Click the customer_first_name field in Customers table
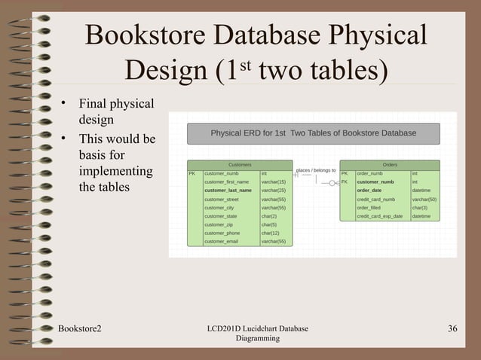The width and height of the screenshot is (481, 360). click(226, 182)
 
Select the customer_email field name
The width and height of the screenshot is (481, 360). click(221, 242)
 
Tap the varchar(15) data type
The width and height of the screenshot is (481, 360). click(273, 182)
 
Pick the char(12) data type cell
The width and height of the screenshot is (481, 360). click(270, 233)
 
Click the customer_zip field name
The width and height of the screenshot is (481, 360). click(218, 224)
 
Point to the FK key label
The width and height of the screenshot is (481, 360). click(345, 182)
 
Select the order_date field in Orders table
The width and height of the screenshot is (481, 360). click(369, 191)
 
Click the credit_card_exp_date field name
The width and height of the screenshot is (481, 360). click(379, 216)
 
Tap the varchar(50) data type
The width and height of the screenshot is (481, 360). click(424, 200)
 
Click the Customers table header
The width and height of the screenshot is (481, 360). click(240, 164)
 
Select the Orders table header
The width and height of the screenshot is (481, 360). click(390, 164)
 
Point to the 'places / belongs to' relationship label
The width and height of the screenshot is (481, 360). click(316, 170)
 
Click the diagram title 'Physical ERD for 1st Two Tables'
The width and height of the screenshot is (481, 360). click(313, 133)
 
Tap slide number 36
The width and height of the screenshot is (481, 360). click(453, 328)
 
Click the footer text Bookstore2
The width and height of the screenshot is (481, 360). click(81, 328)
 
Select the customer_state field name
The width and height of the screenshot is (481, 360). click(220, 216)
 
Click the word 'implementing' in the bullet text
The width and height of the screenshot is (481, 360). click(115, 171)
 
